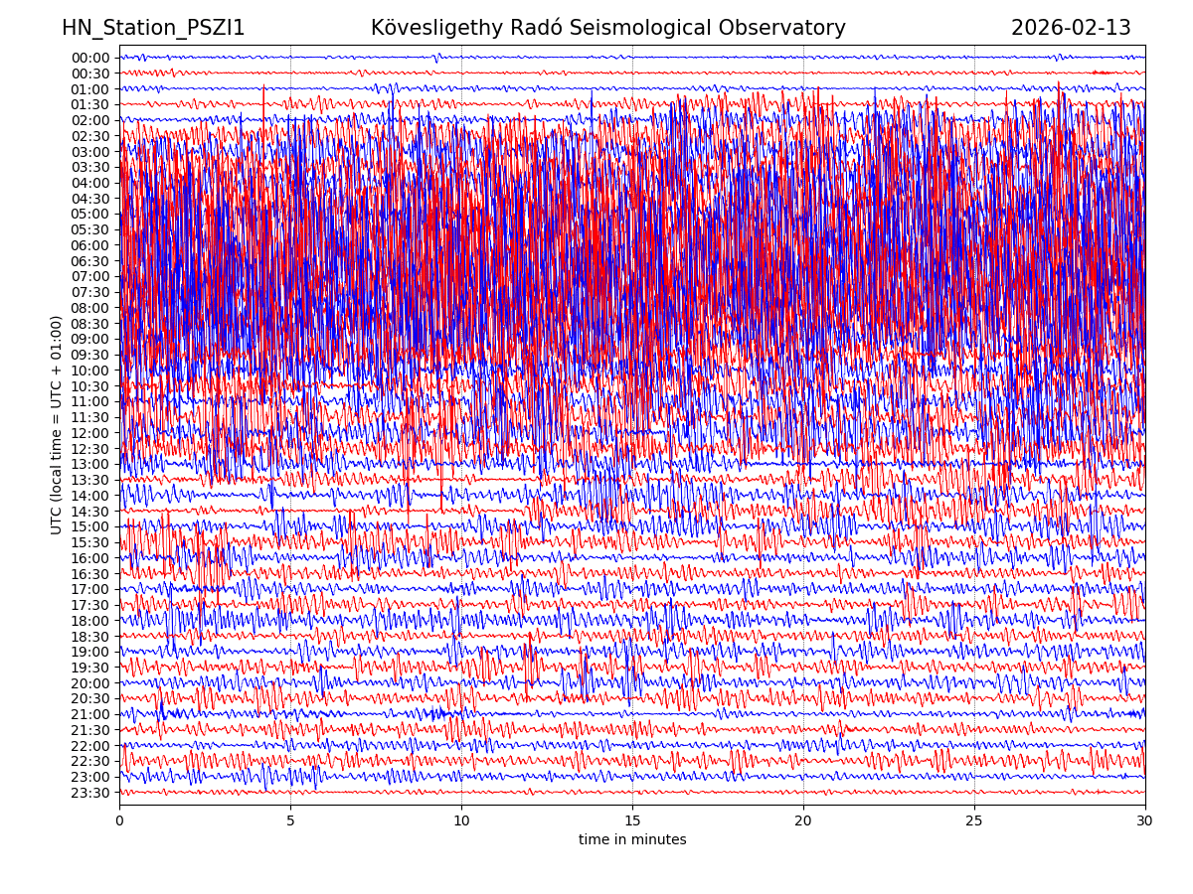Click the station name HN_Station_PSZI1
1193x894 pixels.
point(153,29)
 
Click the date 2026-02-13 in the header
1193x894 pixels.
point(1071,29)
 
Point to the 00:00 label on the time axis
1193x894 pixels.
point(90,58)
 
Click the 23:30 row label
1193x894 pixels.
point(90,793)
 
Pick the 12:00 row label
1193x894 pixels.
point(90,433)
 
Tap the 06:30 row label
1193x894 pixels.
point(90,261)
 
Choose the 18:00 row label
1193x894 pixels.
point(90,621)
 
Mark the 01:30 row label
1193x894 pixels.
point(90,104)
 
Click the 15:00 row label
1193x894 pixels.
point(90,526)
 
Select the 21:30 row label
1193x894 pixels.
point(90,730)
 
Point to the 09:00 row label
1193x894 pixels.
point(90,339)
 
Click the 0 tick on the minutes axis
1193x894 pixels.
point(119,820)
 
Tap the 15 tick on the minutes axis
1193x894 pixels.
point(632,820)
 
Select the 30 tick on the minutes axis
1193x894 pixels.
point(1145,820)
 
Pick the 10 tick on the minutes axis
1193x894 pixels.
point(461,820)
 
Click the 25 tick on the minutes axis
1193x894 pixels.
point(974,820)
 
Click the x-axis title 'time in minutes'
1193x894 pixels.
point(632,840)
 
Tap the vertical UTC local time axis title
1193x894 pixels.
point(57,425)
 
